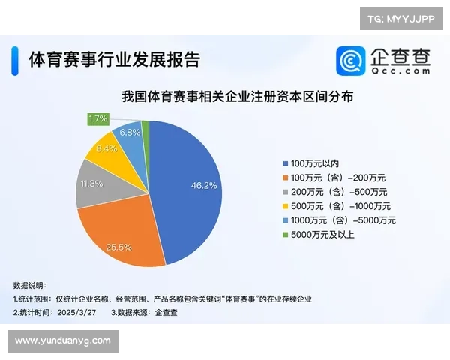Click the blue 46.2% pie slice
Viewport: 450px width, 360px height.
pyautogui.click(x=187, y=187)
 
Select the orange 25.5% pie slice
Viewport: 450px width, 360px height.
pyautogui.click(x=120, y=232)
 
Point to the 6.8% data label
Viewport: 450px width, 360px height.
pyautogui.click(x=130, y=133)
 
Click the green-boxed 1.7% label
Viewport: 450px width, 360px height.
pyautogui.click(x=98, y=118)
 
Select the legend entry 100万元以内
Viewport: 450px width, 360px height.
pyautogui.click(x=313, y=163)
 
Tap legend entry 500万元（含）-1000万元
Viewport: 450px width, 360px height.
pyautogui.click(x=334, y=206)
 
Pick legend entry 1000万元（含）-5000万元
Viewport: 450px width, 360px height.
pyautogui.click(x=337, y=220)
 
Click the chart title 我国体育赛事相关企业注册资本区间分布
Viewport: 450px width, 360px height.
pyautogui.click(x=238, y=97)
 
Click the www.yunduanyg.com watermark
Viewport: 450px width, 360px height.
pyautogui.click(x=63, y=340)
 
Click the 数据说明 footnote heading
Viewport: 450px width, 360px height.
pyautogui.click(x=30, y=285)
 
